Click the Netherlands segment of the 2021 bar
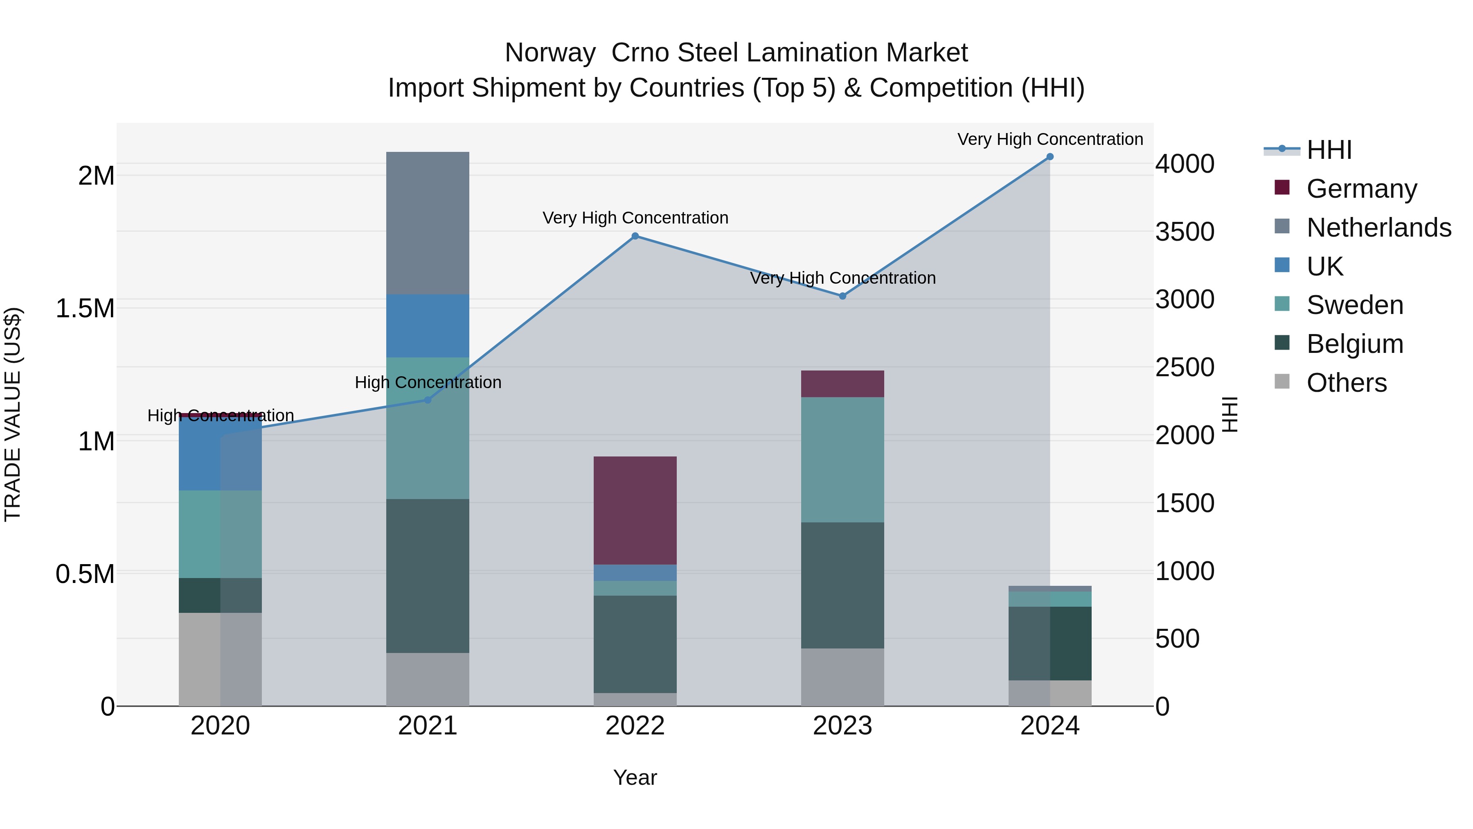click(x=428, y=223)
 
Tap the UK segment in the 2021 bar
click(x=428, y=326)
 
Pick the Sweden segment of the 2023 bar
click(x=842, y=459)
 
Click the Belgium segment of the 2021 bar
click(x=428, y=576)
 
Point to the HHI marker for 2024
click(x=1050, y=157)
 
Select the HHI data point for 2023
click(x=842, y=296)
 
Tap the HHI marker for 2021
click(x=427, y=400)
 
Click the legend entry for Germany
click(x=1361, y=189)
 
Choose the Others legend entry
click(x=1346, y=383)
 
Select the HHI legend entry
click(x=1329, y=150)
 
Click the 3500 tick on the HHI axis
click(x=1184, y=232)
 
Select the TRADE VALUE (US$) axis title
click(x=13, y=414)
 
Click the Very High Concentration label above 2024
click(x=1050, y=140)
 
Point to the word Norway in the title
click(x=550, y=53)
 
